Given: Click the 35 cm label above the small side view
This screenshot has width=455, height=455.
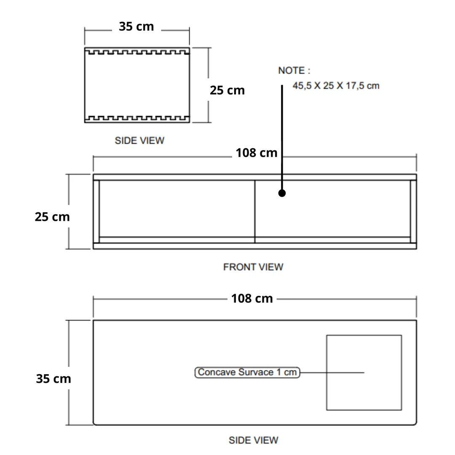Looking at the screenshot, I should tap(136, 27).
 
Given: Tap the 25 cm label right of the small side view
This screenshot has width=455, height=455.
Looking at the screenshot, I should tap(227, 90).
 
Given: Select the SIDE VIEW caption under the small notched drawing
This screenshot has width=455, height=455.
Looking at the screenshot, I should tap(139, 140).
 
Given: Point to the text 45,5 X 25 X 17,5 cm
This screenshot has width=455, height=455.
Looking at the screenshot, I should tap(336, 86).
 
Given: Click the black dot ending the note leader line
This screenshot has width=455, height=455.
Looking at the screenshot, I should tap(282, 193).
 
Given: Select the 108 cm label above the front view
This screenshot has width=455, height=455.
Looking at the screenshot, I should tap(256, 153).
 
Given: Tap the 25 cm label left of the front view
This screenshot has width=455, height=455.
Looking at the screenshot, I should tap(52, 217).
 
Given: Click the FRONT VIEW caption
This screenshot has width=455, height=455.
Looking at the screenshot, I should tap(253, 267).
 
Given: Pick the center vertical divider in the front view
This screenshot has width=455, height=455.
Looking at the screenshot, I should tap(255, 211).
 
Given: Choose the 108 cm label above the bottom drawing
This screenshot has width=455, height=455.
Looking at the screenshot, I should tap(252, 298).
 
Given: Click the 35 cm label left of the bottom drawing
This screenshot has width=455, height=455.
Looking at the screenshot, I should tap(54, 378).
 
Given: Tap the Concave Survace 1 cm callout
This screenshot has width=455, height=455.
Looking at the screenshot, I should tap(247, 372).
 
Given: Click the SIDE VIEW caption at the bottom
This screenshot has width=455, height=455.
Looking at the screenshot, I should tap(253, 440).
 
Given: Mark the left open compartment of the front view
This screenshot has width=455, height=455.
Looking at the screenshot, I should tap(177, 209).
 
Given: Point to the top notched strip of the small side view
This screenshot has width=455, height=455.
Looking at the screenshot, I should tap(137, 51).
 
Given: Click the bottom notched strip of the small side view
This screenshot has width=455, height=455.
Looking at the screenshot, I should tap(137, 119).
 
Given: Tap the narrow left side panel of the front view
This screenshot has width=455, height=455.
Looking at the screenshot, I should tap(96, 211).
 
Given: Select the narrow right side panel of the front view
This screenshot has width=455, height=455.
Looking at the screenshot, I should tap(413, 211).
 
